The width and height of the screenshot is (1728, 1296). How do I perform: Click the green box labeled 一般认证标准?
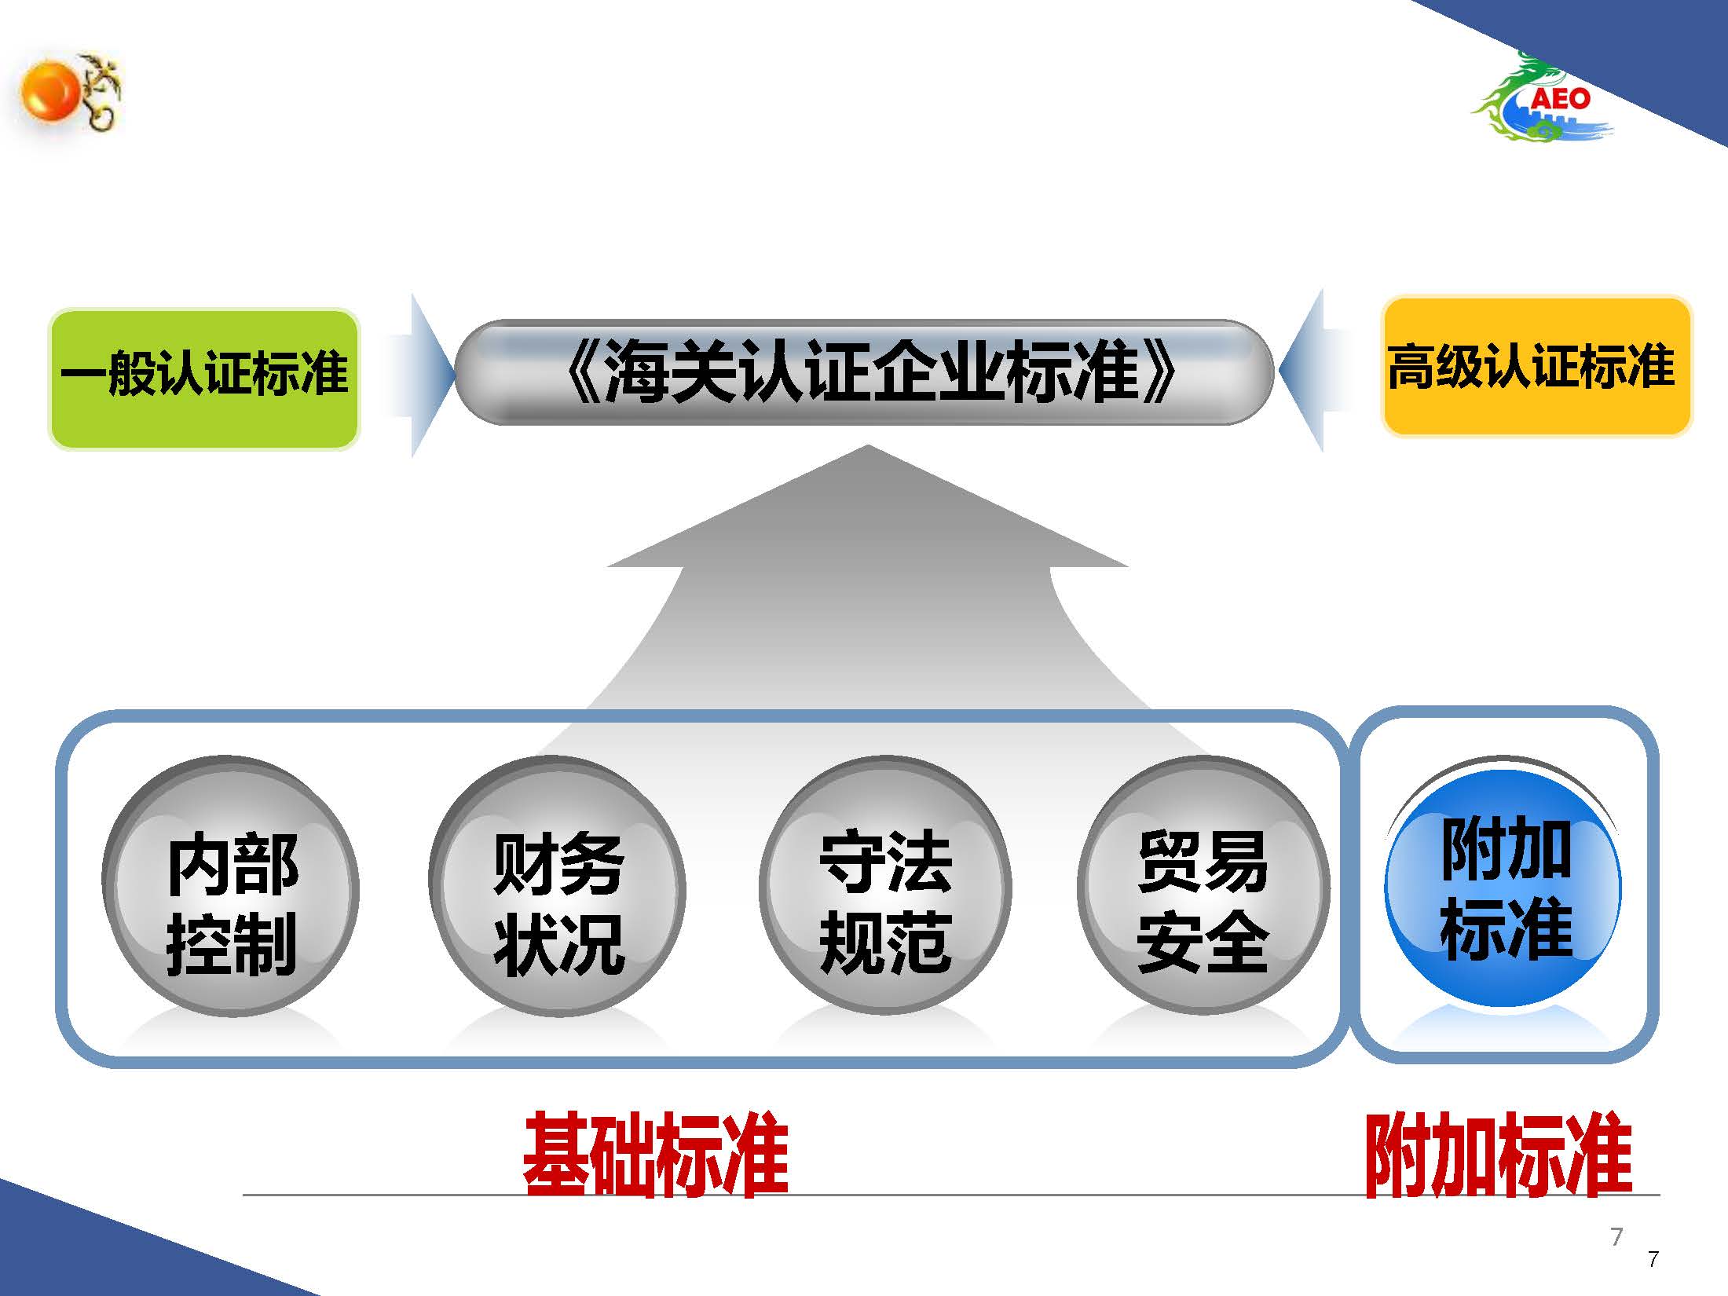[x=204, y=379]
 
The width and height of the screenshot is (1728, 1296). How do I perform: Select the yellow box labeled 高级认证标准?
[x=1536, y=366]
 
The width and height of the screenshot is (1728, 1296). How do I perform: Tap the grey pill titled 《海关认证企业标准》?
[x=864, y=372]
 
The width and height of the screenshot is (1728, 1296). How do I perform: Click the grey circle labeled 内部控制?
[x=231, y=886]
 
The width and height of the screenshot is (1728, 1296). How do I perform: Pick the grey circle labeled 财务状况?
[x=558, y=886]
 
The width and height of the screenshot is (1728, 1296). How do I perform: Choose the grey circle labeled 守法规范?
[x=885, y=886]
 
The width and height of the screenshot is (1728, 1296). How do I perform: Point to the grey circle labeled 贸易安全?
[x=1203, y=886]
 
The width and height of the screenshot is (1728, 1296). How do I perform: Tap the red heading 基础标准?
[x=656, y=1154]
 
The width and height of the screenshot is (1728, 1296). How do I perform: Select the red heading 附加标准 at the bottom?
[x=1499, y=1154]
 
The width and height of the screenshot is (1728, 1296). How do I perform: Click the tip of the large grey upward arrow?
[x=868, y=446]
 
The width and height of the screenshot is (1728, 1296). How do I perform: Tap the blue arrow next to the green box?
[x=424, y=375]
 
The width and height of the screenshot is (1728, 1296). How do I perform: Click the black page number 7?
[x=1653, y=1260]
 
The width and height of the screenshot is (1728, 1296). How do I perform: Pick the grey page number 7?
[x=1616, y=1237]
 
